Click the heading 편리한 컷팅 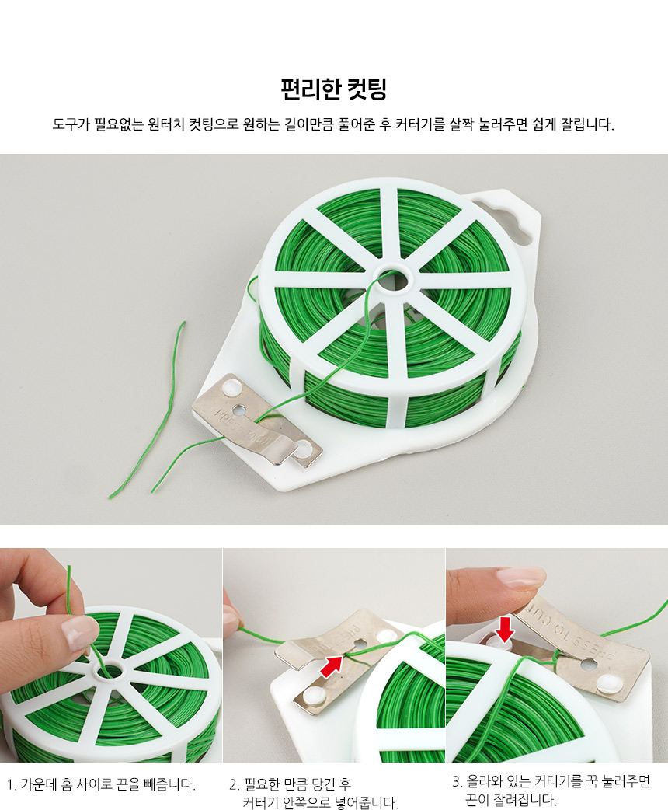pos(333,89)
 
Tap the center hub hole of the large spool pos(395,279)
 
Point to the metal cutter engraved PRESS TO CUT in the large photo pos(256,421)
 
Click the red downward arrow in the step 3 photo pos(505,630)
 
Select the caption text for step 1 pos(101,784)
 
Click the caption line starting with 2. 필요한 pos(291,784)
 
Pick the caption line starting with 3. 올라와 pos(551,781)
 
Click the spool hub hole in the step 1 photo pos(109,672)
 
